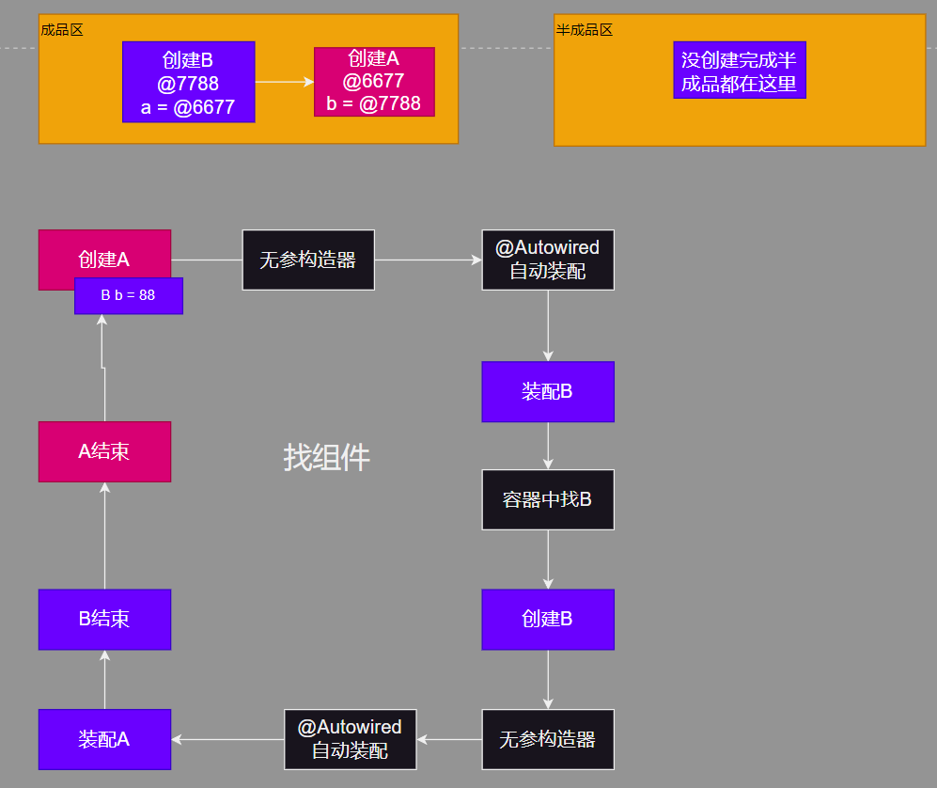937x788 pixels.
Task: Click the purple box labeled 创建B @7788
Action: (x=188, y=82)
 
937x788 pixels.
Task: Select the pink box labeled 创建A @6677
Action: (x=374, y=82)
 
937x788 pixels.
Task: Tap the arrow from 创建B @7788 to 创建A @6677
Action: (x=284, y=82)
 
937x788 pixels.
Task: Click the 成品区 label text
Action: (x=62, y=30)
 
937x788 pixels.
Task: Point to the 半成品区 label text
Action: (x=585, y=30)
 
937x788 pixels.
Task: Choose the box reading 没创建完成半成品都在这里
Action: (x=740, y=71)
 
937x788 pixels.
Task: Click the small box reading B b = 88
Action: (x=129, y=295)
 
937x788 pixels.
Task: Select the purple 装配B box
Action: (x=548, y=391)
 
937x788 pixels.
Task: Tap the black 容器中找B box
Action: (x=548, y=499)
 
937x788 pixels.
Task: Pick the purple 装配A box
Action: (x=104, y=739)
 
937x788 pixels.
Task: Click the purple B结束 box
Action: (x=104, y=619)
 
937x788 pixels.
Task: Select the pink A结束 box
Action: (x=104, y=451)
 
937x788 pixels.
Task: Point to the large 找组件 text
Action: (x=327, y=457)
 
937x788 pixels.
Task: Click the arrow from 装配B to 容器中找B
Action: (x=548, y=446)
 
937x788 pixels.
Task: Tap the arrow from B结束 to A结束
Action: (x=104, y=535)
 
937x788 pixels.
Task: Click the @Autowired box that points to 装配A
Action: (x=350, y=739)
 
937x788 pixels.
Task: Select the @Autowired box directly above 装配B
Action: (x=548, y=260)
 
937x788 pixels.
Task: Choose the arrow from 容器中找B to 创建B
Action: (x=548, y=559)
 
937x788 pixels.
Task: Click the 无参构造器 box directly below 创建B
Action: (x=548, y=739)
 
